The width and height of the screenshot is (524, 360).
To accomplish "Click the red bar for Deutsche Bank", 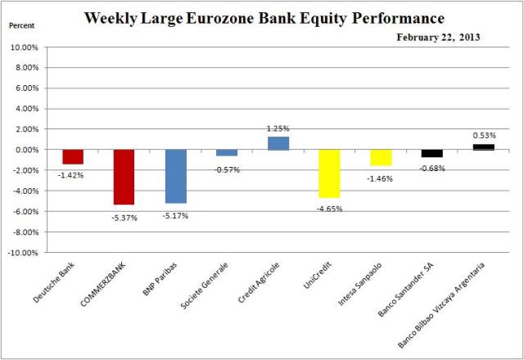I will click(x=73, y=156).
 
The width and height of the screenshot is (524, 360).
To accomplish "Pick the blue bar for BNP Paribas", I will click(x=175, y=176).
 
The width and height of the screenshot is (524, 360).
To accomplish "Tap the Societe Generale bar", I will click(x=227, y=152).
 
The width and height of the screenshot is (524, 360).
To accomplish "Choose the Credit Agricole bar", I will click(x=278, y=143).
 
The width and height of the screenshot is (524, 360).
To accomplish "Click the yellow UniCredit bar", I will click(x=329, y=173).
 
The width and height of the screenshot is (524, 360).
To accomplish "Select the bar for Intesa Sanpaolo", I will click(x=381, y=157).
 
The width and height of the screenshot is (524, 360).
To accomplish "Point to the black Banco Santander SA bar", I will click(x=431, y=153).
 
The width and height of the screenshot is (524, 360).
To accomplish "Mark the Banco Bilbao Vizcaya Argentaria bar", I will click(x=483, y=147).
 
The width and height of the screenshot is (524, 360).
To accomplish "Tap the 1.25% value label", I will click(x=278, y=128).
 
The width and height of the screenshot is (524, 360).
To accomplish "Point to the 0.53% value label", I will click(x=483, y=135).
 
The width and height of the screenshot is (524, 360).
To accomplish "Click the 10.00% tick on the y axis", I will click(x=27, y=47).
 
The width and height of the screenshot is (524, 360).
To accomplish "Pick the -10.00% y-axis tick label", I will click(x=25, y=253).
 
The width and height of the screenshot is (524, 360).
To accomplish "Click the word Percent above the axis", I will click(x=21, y=26).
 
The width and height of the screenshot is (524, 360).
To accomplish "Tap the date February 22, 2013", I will click(x=438, y=37).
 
